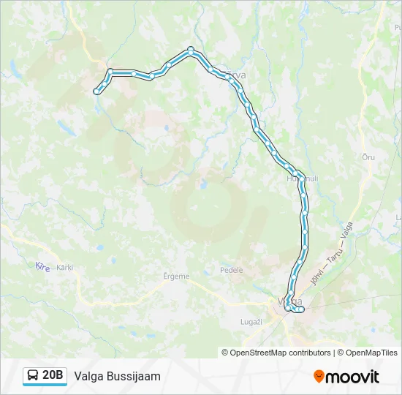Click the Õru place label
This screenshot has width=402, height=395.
pyautogui.click(x=368, y=157)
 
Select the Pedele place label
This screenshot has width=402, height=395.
pyautogui.click(x=232, y=270)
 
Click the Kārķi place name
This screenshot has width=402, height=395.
pyautogui.click(x=64, y=267)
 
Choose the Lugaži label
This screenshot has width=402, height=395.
pyautogui.click(x=251, y=321)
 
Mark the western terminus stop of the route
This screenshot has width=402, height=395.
pyautogui.click(x=96, y=91)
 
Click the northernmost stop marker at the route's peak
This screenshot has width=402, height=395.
pyautogui.click(x=191, y=50)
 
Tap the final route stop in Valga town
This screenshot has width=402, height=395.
pyautogui.click(x=301, y=309)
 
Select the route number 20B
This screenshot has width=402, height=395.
pyautogui.click(x=53, y=375)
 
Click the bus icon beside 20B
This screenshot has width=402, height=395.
pyautogui.click(x=34, y=375)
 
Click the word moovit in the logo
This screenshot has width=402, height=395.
pyautogui.click(x=353, y=377)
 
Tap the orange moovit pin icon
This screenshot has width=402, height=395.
pyautogui.click(x=319, y=377)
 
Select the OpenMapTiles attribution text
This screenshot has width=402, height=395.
pyautogui.click(x=371, y=353)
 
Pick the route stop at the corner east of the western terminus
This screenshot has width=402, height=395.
pyautogui.click(x=110, y=71)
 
